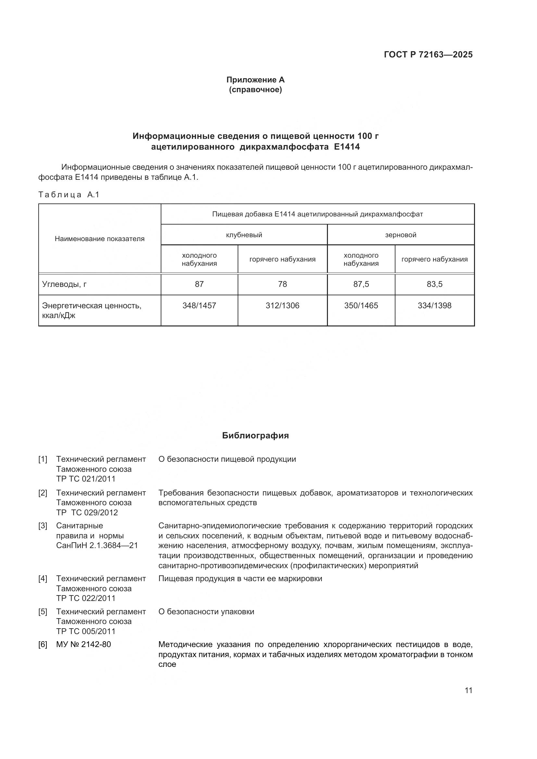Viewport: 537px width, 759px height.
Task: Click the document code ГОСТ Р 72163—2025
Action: pyautogui.click(x=428, y=55)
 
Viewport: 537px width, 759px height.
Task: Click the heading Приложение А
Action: pyautogui.click(x=255, y=80)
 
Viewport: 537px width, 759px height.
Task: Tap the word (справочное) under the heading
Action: pyautogui.click(x=255, y=90)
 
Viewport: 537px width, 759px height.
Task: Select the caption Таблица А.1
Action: pyautogui.click(x=69, y=195)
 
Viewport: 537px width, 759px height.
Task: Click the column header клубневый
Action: pyautogui.click(x=244, y=235)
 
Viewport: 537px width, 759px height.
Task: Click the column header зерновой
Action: pyautogui.click(x=400, y=235)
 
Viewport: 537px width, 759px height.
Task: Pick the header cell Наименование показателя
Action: pyautogui.click(x=100, y=239)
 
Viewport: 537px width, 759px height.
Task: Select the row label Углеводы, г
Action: pyautogui.click(x=64, y=284)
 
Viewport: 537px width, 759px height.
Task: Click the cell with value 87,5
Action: pyautogui.click(x=361, y=284)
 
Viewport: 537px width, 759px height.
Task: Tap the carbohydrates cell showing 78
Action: pyautogui.click(x=282, y=284)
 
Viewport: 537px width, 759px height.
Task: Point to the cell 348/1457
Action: pyautogui.click(x=199, y=306)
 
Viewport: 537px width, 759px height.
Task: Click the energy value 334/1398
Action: pyautogui.click(x=434, y=306)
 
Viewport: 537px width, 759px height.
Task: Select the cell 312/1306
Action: pyautogui.click(x=282, y=306)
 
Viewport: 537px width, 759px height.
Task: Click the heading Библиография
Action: pyautogui.click(x=255, y=436)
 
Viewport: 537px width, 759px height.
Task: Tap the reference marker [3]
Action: pyautogui.click(x=43, y=526)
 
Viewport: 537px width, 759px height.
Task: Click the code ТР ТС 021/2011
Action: pyautogui.click(x=86, y=479)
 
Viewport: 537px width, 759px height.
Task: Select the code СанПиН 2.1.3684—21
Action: pyautogui.click(x=97, y=545)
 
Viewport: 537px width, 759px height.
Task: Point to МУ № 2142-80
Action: pyautogui.click(x=83, y=644)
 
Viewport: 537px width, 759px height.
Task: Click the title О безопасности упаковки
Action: pyautogui.click(x=206, y=612)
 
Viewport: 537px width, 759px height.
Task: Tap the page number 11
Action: pyautogui.click(x=468, y=691)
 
